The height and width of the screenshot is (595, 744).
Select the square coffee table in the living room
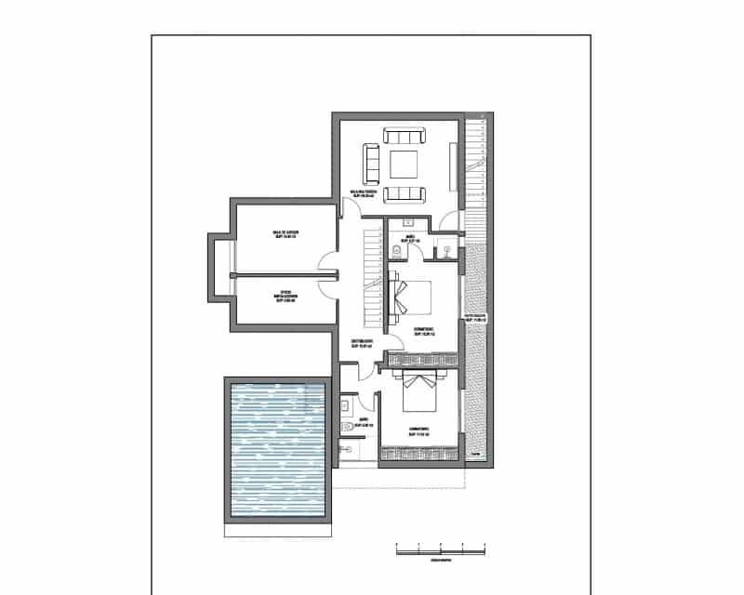404,165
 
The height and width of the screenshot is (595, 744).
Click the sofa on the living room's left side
371,164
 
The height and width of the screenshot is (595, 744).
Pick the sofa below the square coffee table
404,193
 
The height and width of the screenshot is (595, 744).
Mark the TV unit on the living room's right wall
454,165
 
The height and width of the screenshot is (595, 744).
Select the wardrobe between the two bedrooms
423,359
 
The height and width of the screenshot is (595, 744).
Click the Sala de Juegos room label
285,234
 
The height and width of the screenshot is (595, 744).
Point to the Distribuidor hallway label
363,343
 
